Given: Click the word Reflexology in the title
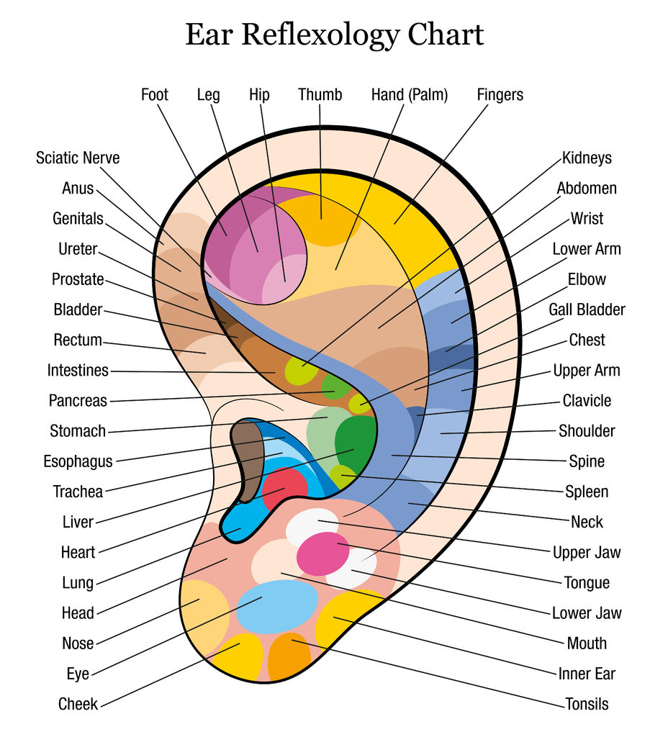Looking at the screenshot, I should [x=334, y=35].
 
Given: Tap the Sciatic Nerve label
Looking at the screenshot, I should [x=78, y=158].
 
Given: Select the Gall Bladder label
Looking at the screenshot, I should [x=587, y=309].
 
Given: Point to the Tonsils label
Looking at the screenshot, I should [x=586, y=704].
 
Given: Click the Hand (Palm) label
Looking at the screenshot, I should [x=410, y=94].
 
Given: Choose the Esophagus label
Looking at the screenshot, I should [x=78, y=461].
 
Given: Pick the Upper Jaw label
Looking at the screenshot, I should [x=587, y=553].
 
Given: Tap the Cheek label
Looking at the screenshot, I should [x=78, y=704].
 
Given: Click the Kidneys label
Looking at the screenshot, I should [x=587, y=158].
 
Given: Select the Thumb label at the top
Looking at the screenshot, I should [x=320, y=94].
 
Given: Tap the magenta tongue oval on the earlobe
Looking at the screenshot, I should [x=322, y=553].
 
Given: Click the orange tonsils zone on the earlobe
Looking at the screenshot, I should [x=289, y=656].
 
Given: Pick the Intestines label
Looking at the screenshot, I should [x=78, y=371].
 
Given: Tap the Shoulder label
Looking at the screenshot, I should [x=587, y=431].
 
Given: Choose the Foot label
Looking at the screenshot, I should [x=155, y=94].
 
